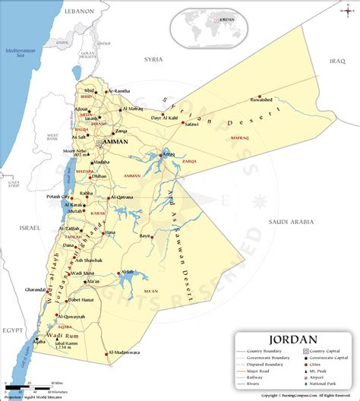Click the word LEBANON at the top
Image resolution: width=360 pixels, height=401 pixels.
coord(78,11)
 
